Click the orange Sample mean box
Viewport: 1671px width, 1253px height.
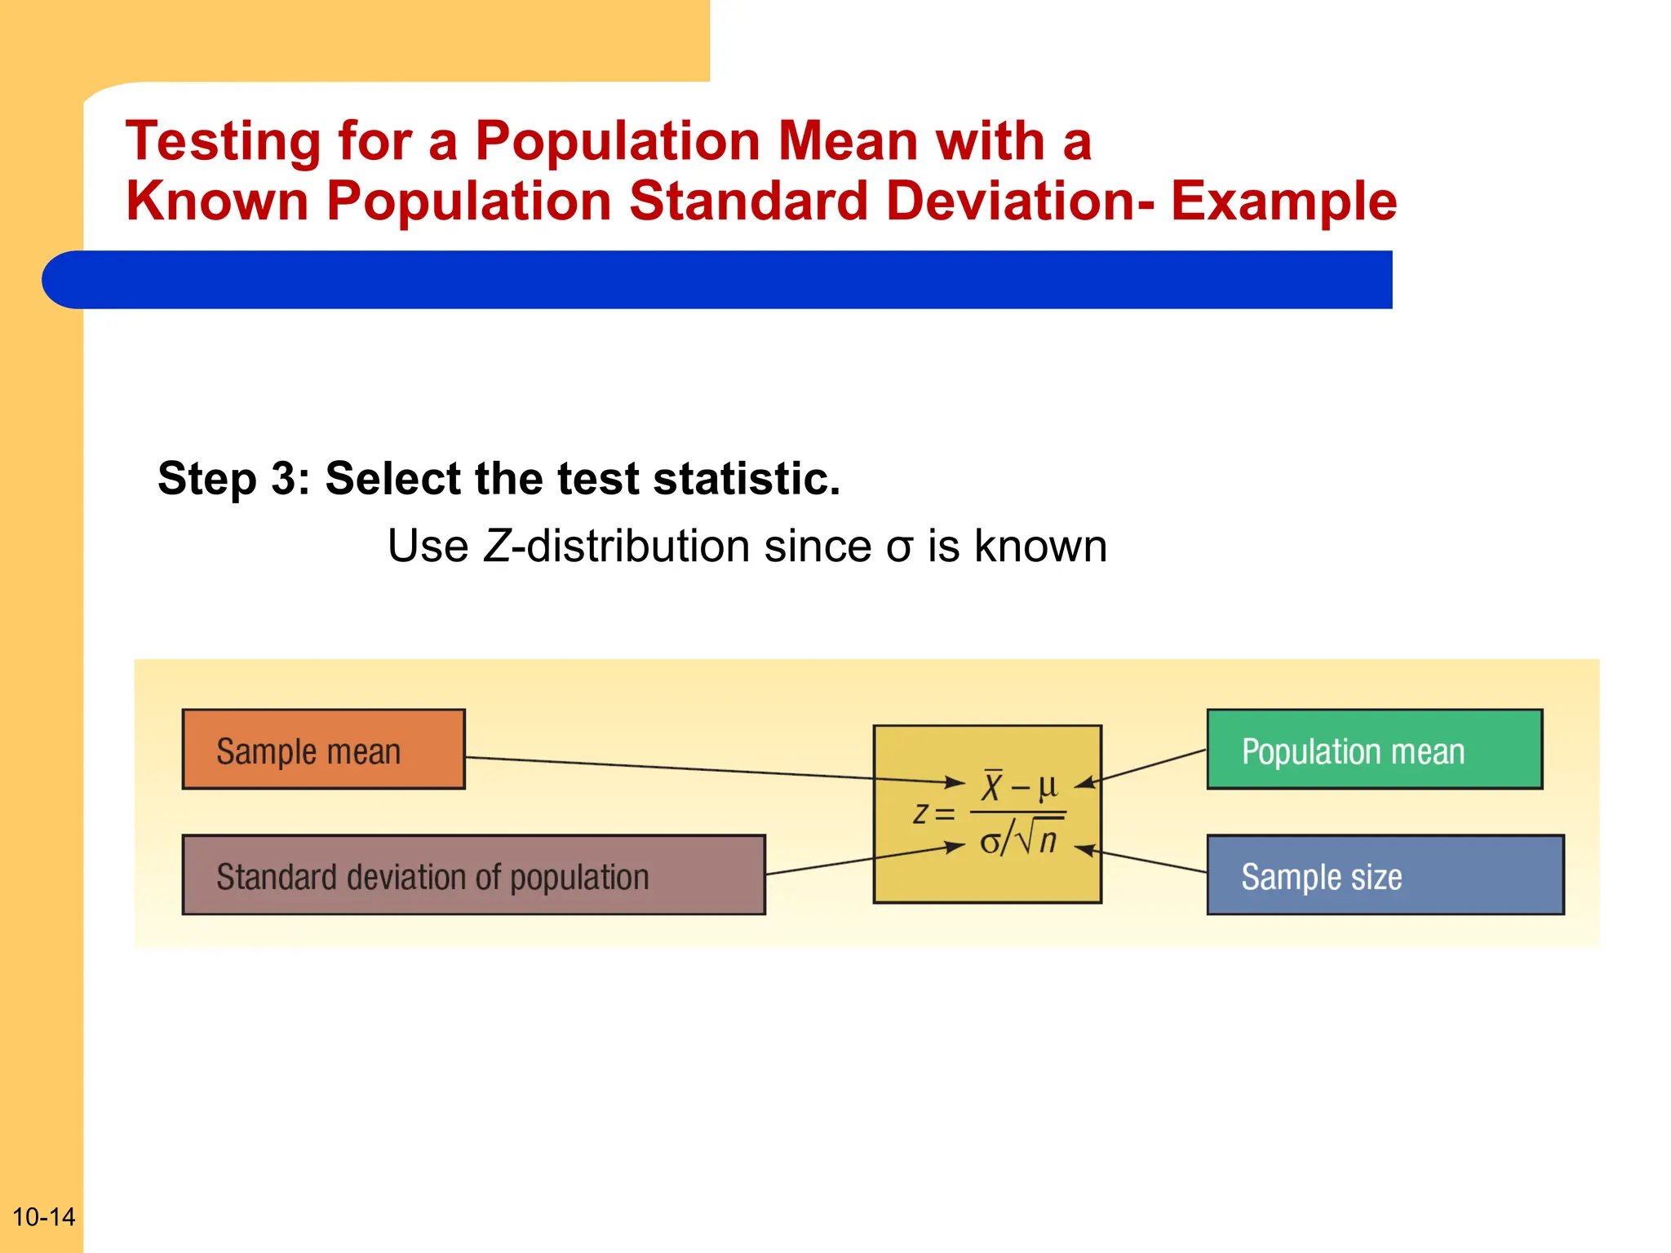click(323, 749)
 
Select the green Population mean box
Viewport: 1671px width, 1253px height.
click(1374, 749)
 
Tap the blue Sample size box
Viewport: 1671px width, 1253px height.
click(1385, 874)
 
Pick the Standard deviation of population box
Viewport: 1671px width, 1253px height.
click(473, 874)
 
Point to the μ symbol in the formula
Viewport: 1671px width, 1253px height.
click(1047, 786)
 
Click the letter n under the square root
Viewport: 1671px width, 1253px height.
click(1048, 840)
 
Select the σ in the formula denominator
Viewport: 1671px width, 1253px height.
click(990, 841)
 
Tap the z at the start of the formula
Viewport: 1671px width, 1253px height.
click(920, 813)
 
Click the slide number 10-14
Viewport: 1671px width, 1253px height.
click(43, 1216)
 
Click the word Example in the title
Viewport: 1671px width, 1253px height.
click(1283, 201)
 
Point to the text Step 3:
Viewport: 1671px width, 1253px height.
click(233, 478)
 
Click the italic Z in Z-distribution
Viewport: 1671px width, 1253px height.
click(496, 546)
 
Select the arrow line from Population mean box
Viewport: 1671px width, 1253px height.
click(1150, 766)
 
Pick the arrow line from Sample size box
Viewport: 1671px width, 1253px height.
click(1150, 861)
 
